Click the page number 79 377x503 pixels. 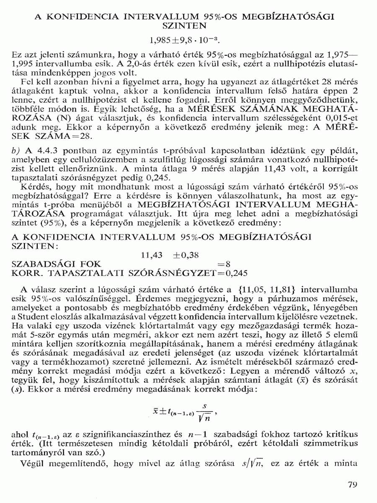(x=352, y=485)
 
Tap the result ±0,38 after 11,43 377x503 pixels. (x=186, y=255)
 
